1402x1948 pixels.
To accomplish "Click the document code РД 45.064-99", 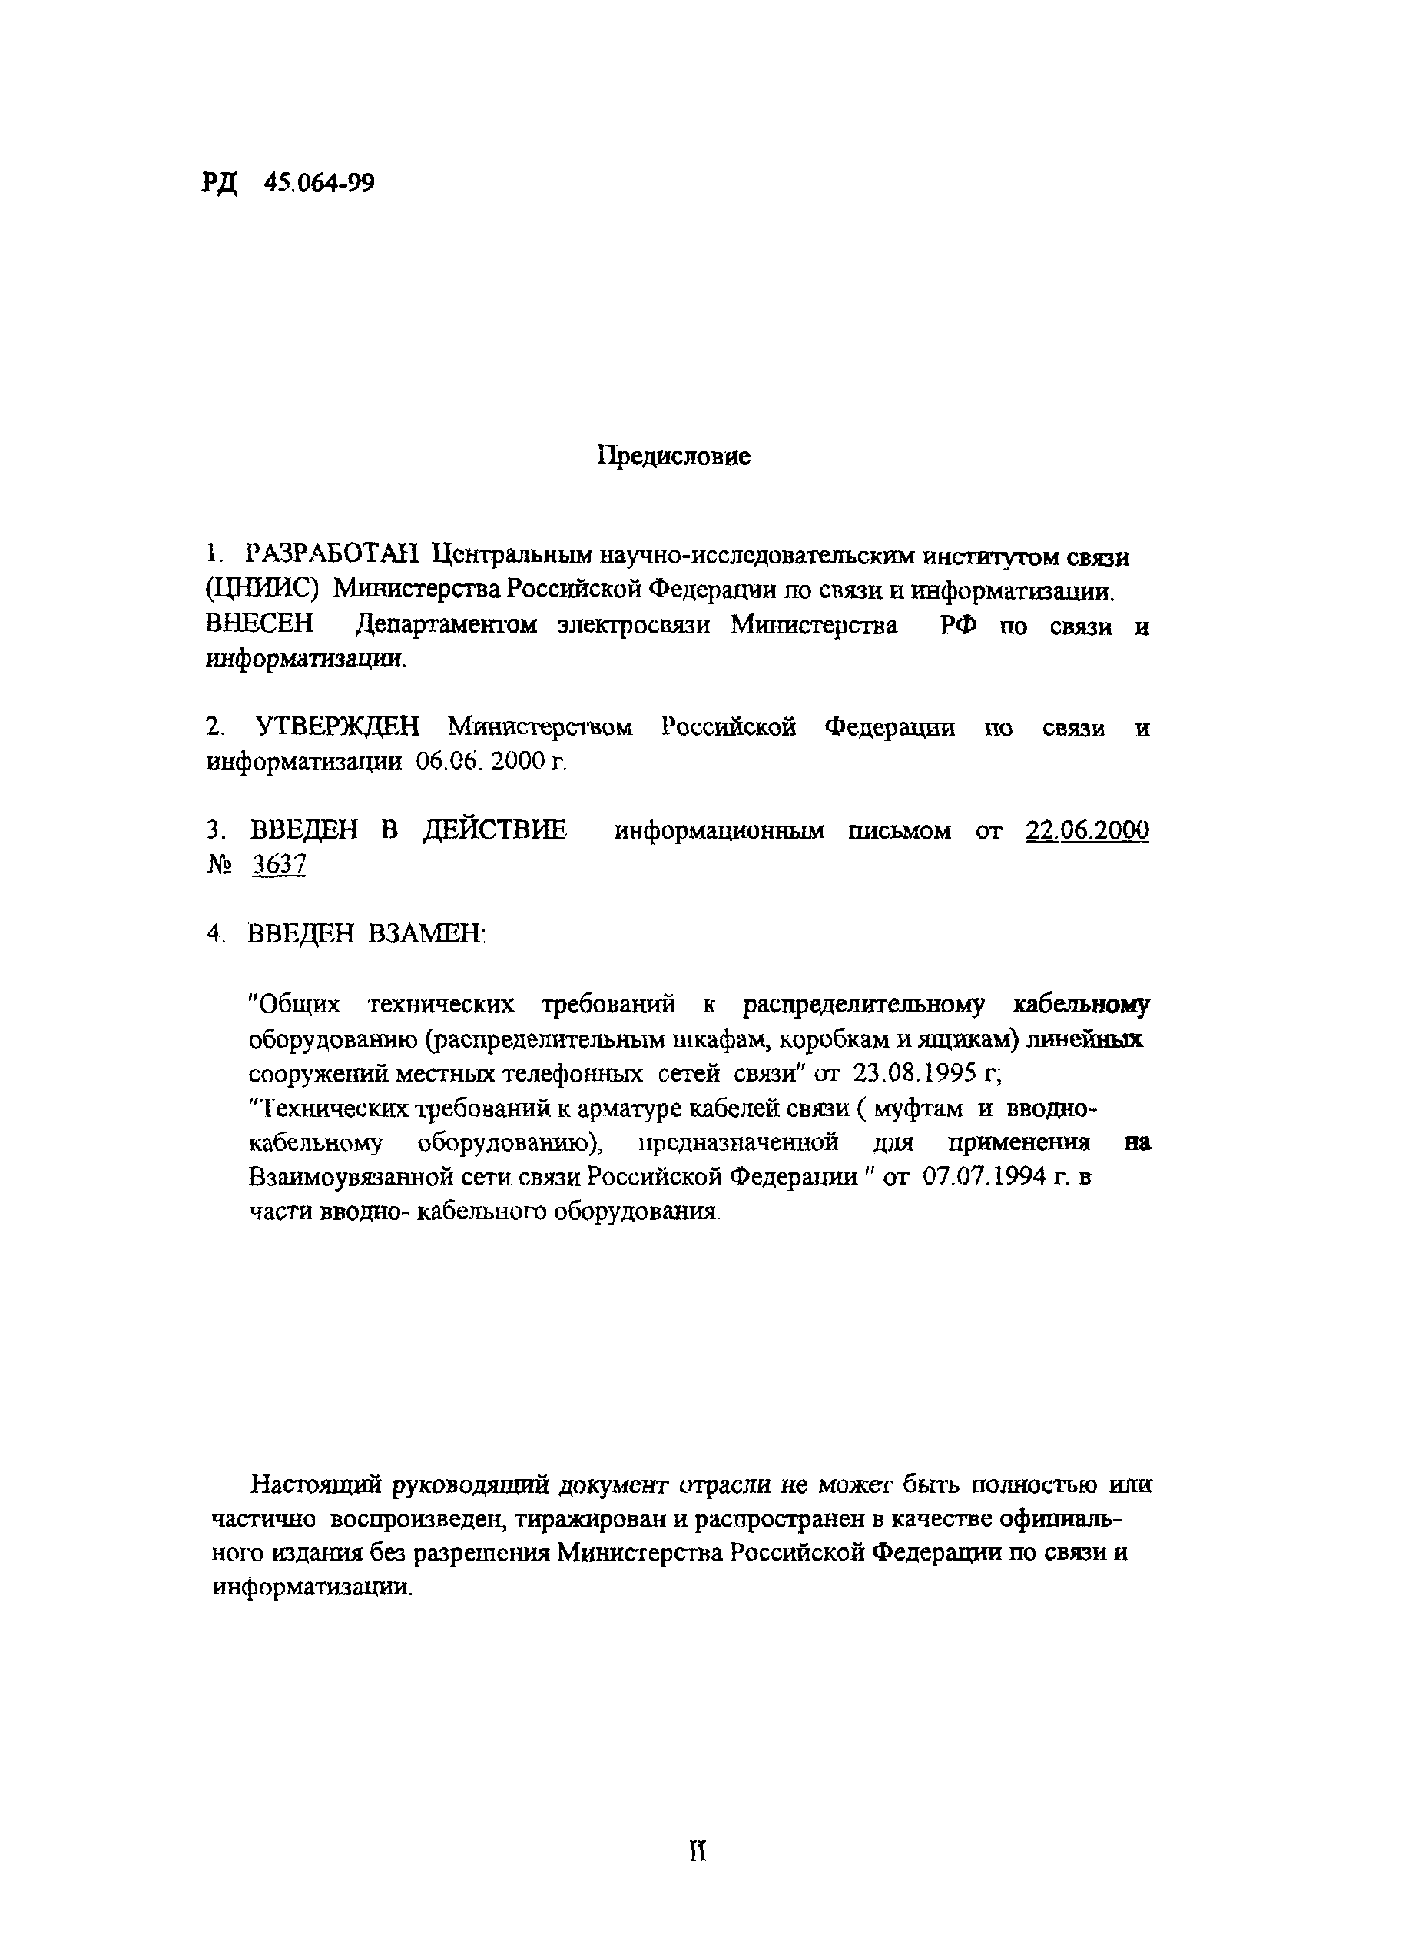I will [x=289, y=183].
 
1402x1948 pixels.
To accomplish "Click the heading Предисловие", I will [x=673, y=456].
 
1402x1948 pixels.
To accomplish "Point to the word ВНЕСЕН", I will [x=260, y=624].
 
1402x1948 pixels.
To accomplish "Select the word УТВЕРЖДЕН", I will [x=338, y=727].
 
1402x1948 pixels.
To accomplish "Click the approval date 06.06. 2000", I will [x=484, y=762].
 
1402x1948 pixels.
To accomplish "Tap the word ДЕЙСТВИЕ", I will [x=496, y=830].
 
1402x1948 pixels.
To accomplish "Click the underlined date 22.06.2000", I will [x=1087, y=830].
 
